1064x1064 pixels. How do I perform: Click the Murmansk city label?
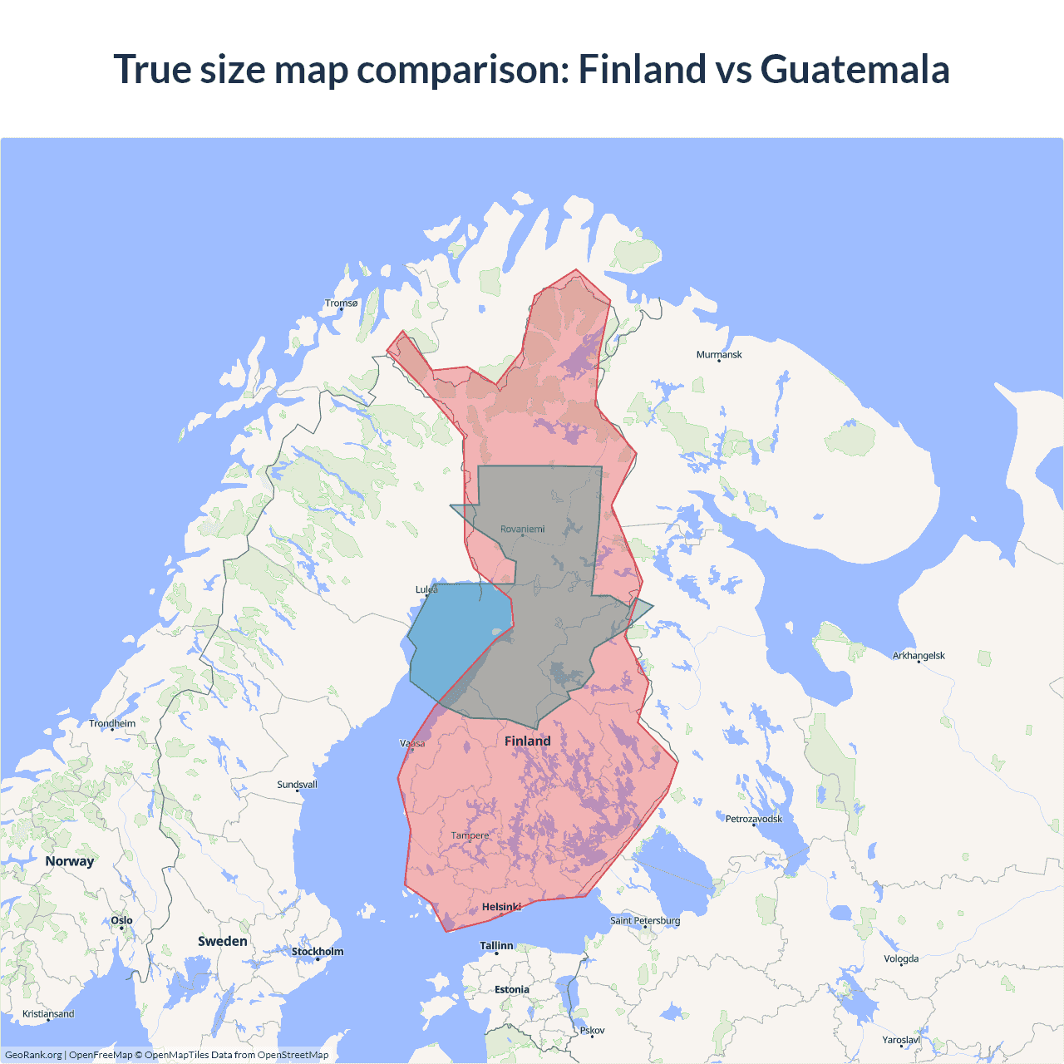pyautogui.click(x=719, y=355)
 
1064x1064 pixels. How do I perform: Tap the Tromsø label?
pyautogui.click(x=341, y=303)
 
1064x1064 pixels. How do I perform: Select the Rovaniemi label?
pyautogui.click(x=522, y=529)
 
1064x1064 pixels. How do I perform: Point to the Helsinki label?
pyautogui.click(x=501, y=907)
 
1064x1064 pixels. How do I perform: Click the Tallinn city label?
pyautogui.click(x=496, y=946)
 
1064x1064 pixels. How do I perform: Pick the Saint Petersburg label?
pyautogui.click(x=645, y=920)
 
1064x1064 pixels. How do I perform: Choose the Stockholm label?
pyautogui.click(x=317, y=952)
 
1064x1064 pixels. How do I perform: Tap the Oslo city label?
pyautogui.click(x=121, y=920)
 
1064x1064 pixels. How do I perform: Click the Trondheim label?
pyautogui.click(x=112, y=723)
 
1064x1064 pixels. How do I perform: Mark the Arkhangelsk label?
pyautogui.click(x=919, y=656)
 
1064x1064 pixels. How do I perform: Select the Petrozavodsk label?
pyautogui.click(x=754, y=819)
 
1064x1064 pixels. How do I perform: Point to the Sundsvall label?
pyautogui.click(x=297, y=785)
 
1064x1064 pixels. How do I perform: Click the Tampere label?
pyautogui.click(x=470, y=835)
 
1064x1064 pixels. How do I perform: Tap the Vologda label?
pyautogui.click(x=901, y=958)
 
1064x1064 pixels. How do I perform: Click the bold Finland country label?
pyautogui.click(x=527, y=741)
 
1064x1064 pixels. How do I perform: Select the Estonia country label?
pyautogui.click(x=511, y=989)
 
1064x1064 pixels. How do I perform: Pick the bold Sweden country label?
pyautogui.click(x=222, y=941)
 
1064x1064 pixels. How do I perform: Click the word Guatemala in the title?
pyautogui.click(x=855, y=69)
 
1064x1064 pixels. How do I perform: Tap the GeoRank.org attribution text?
pyautogui.click(x=33, y=1055)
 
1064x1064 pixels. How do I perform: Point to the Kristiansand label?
pyautogui.click(x=48, y=1014)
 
